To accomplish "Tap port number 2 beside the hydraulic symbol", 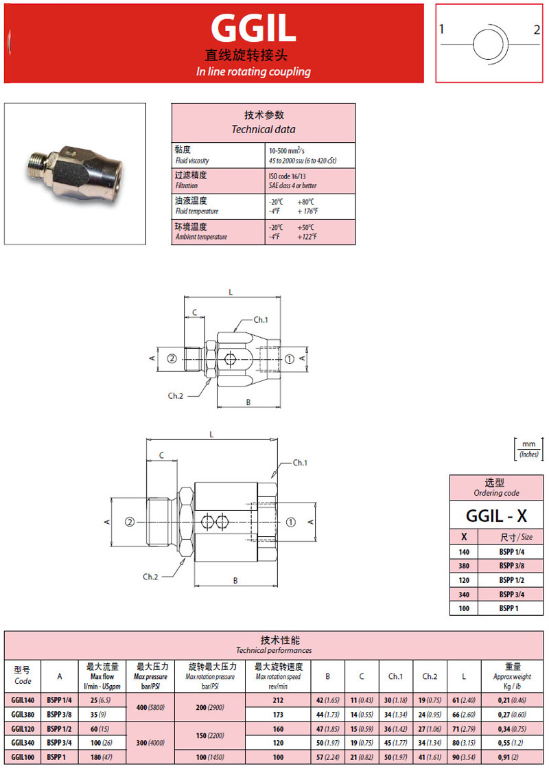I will [537, 30].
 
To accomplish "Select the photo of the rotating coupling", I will [75, 174].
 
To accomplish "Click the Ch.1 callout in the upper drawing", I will [261, 320].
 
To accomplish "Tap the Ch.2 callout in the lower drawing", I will [151, 577].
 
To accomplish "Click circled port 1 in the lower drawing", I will [290, 522].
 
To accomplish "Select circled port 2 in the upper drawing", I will [172, 358].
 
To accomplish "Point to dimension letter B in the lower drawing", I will [235, 580].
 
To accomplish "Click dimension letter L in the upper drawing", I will [231, 292].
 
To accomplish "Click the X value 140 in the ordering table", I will [464, 551].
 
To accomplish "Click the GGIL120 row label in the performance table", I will [23, 728].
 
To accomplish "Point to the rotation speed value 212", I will [278, 700].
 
